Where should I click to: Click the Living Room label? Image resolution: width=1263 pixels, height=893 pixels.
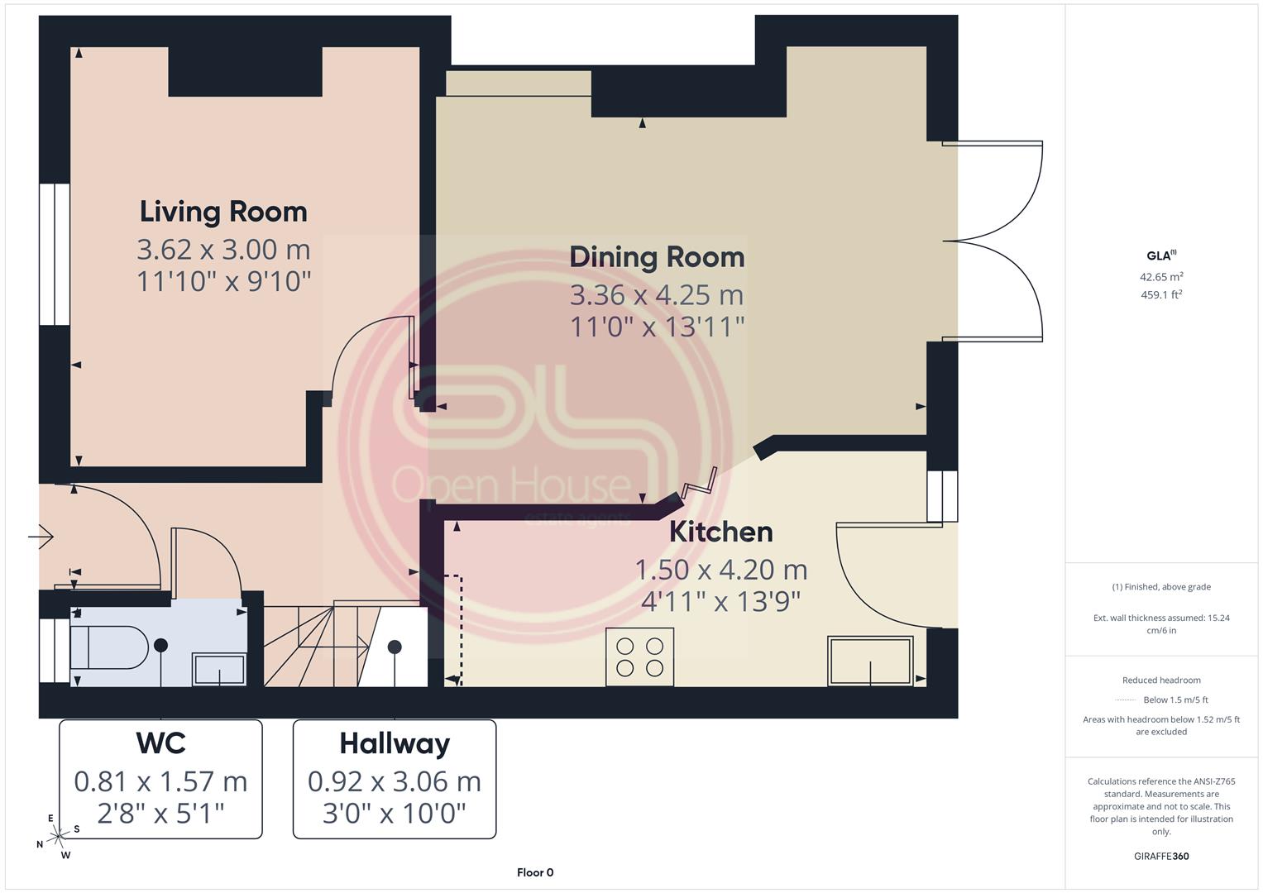(x=223, y=212)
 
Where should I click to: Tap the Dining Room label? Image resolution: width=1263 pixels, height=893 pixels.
(x=657, y=257)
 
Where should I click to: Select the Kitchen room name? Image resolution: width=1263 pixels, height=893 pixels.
(x=720, y=532)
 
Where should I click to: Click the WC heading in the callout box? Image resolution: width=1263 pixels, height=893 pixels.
(x=160, y=743)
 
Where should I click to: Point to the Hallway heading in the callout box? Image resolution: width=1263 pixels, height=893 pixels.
(x=395, y=744)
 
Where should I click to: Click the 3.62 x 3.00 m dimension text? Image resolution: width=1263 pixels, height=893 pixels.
(x=223, y=250)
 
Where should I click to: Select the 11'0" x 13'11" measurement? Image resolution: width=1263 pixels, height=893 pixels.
(x=657, y=327)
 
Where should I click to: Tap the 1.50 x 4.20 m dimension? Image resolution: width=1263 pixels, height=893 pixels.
(x=721, y=570)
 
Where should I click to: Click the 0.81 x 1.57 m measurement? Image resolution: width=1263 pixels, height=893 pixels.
(x=160, y=782)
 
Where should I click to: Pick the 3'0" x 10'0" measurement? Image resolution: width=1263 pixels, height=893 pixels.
(x=395, y=814)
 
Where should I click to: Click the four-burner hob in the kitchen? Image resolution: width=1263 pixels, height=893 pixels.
(x=639, y=657)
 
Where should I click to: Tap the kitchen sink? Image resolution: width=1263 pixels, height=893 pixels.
(x=870, y=661)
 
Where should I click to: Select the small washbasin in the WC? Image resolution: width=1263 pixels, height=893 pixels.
(x=218, y=669)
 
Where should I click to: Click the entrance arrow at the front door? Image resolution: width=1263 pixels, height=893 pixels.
(x=41, y=536)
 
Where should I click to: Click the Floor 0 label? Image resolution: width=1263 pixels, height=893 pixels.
(x=535, y=872)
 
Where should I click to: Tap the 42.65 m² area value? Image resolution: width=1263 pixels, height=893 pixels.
(x=1161, y=277)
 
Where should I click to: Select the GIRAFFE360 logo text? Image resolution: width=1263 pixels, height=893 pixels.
(x=1161, y=857)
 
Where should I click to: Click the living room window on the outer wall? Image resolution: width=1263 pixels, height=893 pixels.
(x=54, y=255)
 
